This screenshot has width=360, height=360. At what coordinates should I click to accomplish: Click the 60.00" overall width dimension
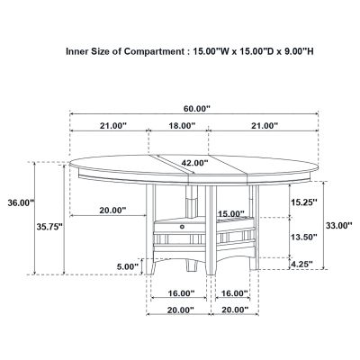click(x=197, y=108)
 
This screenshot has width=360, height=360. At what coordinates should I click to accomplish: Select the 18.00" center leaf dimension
click(x=181, y=125)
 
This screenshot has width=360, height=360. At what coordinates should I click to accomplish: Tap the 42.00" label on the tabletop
click(x=194, y=163)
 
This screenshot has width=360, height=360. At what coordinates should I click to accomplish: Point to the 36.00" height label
click(x=21, y=202)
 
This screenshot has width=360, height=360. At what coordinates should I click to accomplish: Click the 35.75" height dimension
click(x=49, y=227)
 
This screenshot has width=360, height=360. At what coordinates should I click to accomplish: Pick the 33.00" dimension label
click(x=339, y=225)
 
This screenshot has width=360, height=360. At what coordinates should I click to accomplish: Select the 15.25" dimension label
click(x=303, y=202)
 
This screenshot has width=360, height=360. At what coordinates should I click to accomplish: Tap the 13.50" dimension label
click(x=303, y=238)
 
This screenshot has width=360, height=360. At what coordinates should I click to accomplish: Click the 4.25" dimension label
click(x=301, y=264)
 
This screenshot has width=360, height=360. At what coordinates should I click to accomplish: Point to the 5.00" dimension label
click(x=128, y=266)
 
